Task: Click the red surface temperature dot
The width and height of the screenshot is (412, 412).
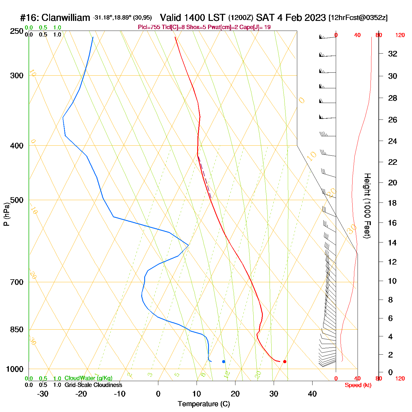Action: [x=285, y=361]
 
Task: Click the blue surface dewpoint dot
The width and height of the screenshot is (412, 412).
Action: [x=224, y=361]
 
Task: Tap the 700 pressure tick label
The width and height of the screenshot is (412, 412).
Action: [x=17, y=282]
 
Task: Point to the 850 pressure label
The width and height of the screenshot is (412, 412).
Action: [x=17, y=330]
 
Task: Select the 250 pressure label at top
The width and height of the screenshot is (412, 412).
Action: [x=17, y=31]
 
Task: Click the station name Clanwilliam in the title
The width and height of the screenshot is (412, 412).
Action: [x=66, y=18]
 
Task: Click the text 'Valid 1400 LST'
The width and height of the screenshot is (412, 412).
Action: [x=193, y=18]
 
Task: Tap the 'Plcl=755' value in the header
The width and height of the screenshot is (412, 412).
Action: [x=149, y=27]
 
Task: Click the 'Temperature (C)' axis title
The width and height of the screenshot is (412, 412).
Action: [x=204, y=404]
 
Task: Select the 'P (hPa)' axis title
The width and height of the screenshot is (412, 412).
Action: [x=6, y=214]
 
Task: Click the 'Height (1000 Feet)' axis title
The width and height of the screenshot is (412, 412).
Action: [x=367, y=206]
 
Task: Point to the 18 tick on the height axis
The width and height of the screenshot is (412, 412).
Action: [x=392, y=203]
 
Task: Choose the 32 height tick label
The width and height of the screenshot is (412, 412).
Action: [x=393, y=54]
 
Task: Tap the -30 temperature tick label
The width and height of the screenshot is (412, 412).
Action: [x=43, y=394]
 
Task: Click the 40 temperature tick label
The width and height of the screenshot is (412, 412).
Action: [x=312, y=394]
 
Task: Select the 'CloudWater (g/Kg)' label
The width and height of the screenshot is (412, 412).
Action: [x=88, y=378]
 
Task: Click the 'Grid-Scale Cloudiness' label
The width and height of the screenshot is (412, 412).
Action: [x=93, y=385]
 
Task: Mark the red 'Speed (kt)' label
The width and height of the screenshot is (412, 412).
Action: [x=358, y=385]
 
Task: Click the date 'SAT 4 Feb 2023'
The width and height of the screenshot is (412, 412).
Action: [x=291, y=18]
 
